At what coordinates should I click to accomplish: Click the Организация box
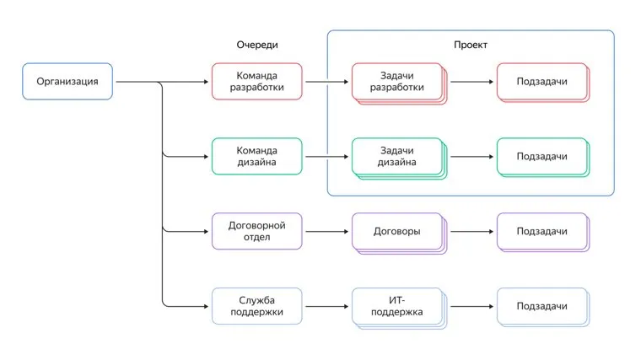pyautogui.click(x=67, y=82)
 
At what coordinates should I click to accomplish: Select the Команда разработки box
pyautogui.click(x=256, y=82)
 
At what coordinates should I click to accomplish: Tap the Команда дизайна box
pyautogui.click(x=256, y=156)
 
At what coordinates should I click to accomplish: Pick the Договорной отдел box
pyautogui.click(x=256, y=231)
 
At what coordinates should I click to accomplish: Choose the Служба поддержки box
pyautogui.click(x=256, y=306)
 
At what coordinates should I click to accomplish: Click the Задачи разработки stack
pyautogui.click(x=396, y=82)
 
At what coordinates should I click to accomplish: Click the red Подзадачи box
pyautogui.click(x=541, y=82)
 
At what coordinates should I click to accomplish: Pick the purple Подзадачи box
pyautogui.click(x=541, y=231)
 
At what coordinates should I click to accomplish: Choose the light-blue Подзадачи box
pyautogui.click(x=541, y=306)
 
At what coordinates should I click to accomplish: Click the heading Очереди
pyautogui.click(x=256, y=45)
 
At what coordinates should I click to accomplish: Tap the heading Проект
pyautogui.click(x=470, y=45)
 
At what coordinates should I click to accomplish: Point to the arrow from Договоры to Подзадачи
pyautogui.click(x=471, y=231)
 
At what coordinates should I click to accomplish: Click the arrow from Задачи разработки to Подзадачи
pyautogui.click(x=471, y=82)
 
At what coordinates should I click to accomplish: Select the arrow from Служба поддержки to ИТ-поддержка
pyautogui.click(x=326, y=306)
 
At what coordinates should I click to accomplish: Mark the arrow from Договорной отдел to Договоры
pyautogui.click(x=326, y=231)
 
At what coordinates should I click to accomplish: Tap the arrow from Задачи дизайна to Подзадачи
pyautogui.click(x=471, y=156)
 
